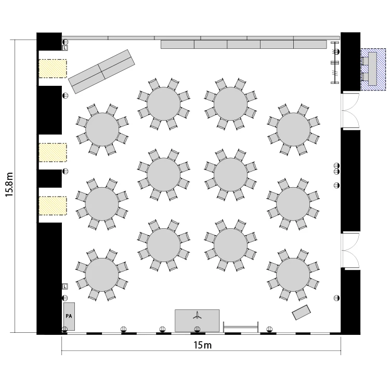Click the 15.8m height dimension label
click(9, 184)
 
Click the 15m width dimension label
click(202, 345)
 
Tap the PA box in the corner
click(69, 316)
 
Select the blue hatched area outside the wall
click(373, 69)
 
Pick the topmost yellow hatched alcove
click(53, 69)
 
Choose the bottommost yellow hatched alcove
click(53, 206)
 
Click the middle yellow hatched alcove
click(53, 152)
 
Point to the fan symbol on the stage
click(197, 316)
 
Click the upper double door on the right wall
click(350, 111)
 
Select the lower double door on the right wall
click(350, 250)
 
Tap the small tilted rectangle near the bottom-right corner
click(301, 313)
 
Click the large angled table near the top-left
click(101, 71)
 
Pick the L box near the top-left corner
click(64, 48)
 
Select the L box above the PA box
click(64, 287)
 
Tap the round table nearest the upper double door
click(293, 129)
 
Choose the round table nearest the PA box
click(102, 275)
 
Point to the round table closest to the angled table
click(102, 129)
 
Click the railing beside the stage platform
click(241, 327)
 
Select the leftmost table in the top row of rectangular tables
click(85, 38)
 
